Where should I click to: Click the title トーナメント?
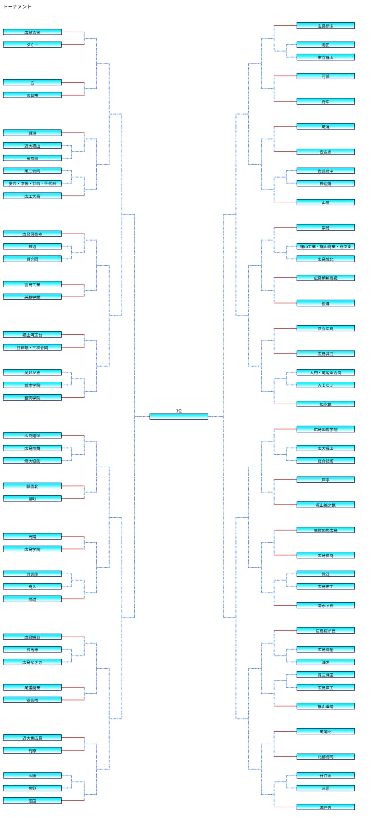tap(17, 7)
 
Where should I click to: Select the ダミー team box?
tap(32, 44)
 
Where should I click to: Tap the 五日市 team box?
tap(32, 95)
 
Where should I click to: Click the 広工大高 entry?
tap(32, 196)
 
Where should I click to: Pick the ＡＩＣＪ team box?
tap(325, 385)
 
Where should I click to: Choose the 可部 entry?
tap(325, 76)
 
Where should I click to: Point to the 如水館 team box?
tap(325, 404)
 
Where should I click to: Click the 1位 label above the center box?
tap(179, 411)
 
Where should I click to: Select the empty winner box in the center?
tap(179, 416)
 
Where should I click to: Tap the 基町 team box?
tap(32, 499)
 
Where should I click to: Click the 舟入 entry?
tap(32, 586)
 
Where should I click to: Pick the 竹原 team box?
tap(32, 750)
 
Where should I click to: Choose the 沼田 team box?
tap(32, 800)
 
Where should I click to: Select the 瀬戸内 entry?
tap(325, 807)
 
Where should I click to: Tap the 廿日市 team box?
tap(325, 776)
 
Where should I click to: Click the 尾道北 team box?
tap(325, 731)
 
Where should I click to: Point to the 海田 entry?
tap(325, 44)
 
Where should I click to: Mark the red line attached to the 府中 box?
tap(285, 101)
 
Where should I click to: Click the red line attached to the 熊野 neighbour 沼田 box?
tap(73, 800)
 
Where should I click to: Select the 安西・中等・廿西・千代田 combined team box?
tap(32, 183)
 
